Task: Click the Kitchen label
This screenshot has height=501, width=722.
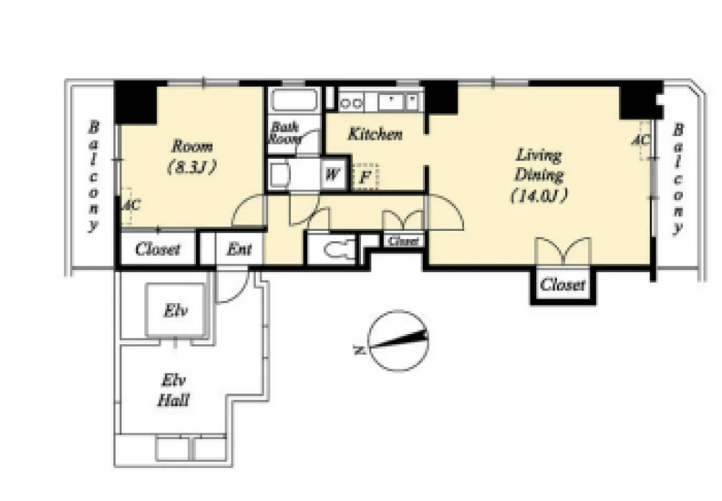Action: tap(375, 134)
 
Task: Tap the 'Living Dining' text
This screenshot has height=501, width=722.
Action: tap(539, 165)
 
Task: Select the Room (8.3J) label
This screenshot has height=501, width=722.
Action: tap(192, 156)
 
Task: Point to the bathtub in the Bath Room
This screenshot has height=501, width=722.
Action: tap(294, 100)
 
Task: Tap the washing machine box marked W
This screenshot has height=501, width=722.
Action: tap(333, 174)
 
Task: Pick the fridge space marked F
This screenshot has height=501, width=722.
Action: tap(365, 176)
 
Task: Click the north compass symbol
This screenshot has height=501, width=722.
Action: tap(399, 341)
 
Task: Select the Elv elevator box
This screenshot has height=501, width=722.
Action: tap(175, 310)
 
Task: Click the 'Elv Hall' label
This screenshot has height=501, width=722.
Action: tap(174, 391)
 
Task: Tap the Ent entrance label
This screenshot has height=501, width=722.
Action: tap(239, 249)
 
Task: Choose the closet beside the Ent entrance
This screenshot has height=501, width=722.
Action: tap(158, 249)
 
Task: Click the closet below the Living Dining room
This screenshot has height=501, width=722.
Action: tap(563, 284)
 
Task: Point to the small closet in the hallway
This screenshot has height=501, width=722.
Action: tap(404, 241)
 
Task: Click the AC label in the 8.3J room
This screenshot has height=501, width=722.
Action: tap(131, 205)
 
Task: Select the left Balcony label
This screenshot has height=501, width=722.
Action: tap(94, 176)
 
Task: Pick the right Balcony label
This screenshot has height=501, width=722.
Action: tap(678, 179)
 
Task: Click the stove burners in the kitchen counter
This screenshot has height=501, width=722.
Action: tap(351, 103)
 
